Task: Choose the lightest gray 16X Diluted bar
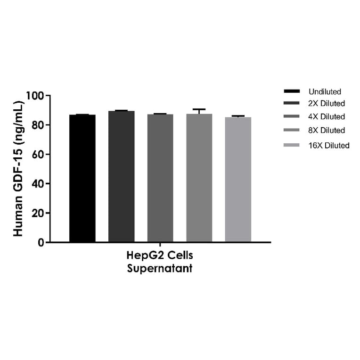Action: coord(238,180)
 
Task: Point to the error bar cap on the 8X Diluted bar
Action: coord(199,109)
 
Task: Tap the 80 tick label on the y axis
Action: coord(38,125)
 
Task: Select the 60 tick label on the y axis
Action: coord(38,155)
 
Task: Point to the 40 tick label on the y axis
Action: coord(38,184)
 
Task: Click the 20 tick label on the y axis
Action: coord(38,213)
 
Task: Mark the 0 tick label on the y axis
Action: coord(41,242)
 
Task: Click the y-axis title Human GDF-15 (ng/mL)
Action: coord(18,168)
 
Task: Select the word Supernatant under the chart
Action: coord(160,269)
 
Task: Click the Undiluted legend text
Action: coord(325,91)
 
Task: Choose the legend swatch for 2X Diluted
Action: coord(292,103)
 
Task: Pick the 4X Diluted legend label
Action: coord(327,116)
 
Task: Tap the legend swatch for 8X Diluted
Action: coord(292,130)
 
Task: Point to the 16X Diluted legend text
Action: coord(329,146)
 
